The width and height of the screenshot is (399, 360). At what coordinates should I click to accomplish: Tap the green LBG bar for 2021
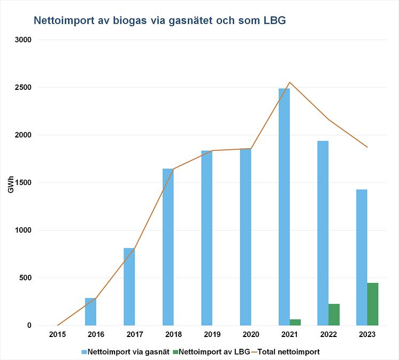(x=295, y=322)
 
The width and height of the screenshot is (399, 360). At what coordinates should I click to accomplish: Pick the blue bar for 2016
(x=90, y=311)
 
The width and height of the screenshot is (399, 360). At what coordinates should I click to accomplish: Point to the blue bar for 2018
(x=168, y=247)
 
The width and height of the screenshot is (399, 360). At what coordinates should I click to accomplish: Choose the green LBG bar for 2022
(x=334, y=315)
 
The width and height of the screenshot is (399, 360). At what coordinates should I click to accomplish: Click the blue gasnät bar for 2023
(x=362, y=257)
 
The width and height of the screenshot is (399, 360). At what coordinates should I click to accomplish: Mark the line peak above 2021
(x=289, y=82)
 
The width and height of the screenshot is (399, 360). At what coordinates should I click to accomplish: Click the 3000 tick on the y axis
(x=24, y=40)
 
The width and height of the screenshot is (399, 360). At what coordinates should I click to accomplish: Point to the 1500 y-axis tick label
(x=24, y=183)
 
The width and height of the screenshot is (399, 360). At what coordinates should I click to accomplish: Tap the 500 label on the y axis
(x=25, y=278)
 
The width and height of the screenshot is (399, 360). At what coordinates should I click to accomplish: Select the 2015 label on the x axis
(x=57, y=334)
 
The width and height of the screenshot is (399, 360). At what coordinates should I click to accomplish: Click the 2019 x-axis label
(x=212, y=334)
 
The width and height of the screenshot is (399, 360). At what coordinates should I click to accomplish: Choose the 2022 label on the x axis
(x=328, y=334)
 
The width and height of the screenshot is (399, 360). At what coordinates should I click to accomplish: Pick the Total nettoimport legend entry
(x=288, y=351)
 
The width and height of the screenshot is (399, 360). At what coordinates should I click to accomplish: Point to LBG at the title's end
(x=274, y=21)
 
